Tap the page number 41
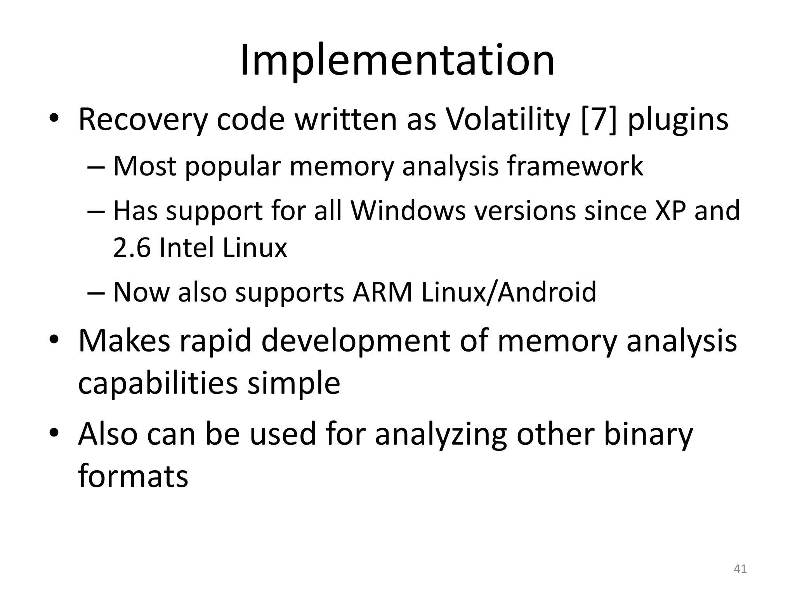(740, 569)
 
